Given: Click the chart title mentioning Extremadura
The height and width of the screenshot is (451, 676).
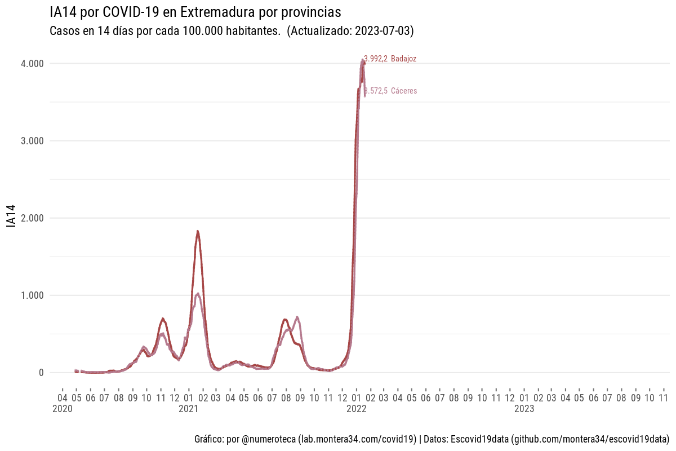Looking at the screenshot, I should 195,12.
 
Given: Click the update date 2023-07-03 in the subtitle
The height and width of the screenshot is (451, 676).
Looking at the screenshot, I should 383,32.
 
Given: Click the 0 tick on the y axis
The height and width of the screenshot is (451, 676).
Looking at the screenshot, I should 41,373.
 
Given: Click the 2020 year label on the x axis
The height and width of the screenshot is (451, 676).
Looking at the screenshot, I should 62,409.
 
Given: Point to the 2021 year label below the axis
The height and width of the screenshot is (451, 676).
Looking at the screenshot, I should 188,409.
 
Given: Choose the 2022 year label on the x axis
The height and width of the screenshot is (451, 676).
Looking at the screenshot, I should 356,409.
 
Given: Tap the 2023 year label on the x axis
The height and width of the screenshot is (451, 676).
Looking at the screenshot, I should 524,409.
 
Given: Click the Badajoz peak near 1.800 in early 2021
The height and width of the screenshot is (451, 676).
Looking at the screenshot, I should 198,231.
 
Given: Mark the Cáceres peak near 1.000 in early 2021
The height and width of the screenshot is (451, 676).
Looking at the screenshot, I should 197,294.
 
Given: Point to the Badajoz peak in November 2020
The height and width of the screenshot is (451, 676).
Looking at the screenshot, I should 163,319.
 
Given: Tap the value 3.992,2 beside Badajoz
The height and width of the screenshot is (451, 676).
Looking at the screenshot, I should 376,59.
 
